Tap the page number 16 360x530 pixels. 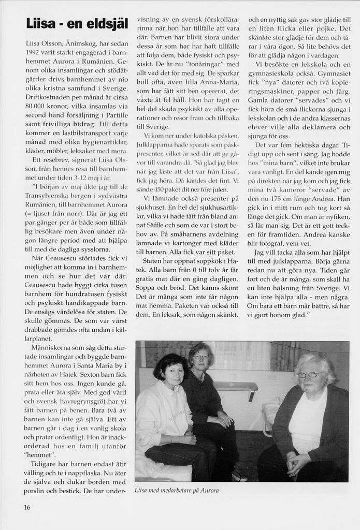pos(27,507)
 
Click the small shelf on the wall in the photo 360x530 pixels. pos(236,386)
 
